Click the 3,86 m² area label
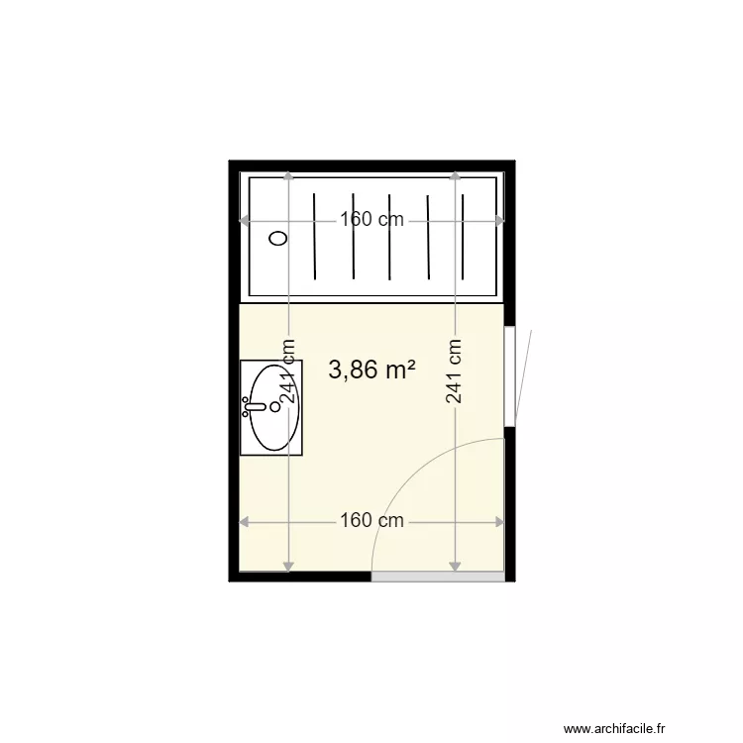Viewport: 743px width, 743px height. pyautogui.click(x=371, y=371)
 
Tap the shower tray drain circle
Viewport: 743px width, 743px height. pyautogui.click(x=279, y=238)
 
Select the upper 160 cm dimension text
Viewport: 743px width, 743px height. pyautogui.click(x=371, y=220)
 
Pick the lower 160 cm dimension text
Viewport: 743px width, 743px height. pyautogui.click(x=371, y=520)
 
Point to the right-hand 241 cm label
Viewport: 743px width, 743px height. pyautogui.click(x=455, y=371)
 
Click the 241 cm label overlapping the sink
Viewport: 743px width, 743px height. pyautogui.click(x=288, y=371)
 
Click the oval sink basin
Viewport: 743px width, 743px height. pyautogui.click(x=274, y=407)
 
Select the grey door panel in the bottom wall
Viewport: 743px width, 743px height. pyautogui.click(x=438, y=577)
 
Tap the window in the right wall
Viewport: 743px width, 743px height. pyautogui.click(x=509, y=376)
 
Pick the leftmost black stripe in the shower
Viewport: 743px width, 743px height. pyautogui.click(x=314, y=237)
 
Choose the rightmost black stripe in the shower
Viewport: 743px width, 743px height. pyautogui.click(x=465, y=237)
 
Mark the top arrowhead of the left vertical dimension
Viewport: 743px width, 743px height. pyautogui.click(x=288, y=176)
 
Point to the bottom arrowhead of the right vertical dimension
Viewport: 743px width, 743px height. pyautogui.click(x=455, y=567)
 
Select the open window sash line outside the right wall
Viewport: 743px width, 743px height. pyautogui.click(x=524, y=376)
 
